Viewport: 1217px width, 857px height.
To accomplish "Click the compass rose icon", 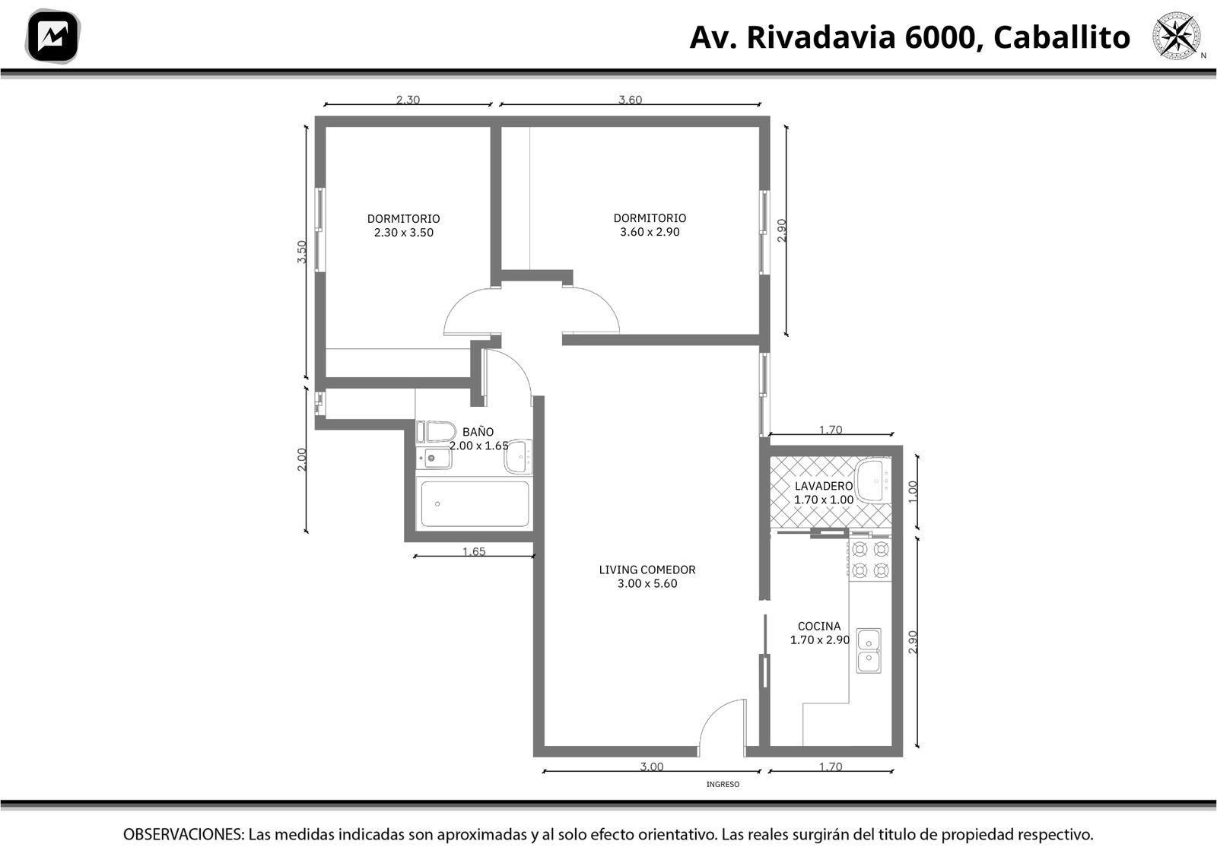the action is (x=1177, y=36).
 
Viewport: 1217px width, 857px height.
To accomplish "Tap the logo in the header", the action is (x=52, y=37).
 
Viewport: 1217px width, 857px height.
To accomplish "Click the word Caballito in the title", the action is (x=1062, y=38).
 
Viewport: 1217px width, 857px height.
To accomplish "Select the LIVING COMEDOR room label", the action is (x=647, y=570).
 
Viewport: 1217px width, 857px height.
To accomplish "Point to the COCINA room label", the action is (x=818, y=626).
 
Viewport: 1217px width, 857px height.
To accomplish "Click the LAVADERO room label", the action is (x=824, y=486).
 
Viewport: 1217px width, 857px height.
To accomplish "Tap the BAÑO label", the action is (x=478, y=432).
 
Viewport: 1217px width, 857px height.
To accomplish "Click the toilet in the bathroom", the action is (x=437, y=432).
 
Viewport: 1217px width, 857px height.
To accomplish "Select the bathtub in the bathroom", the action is (x=475, y=504).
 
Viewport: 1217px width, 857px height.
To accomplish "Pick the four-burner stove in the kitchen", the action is (x=870, y=560).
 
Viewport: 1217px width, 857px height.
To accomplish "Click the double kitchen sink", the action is (x=869, y=651).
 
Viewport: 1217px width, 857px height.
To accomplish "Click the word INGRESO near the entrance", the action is (x=723, y=784).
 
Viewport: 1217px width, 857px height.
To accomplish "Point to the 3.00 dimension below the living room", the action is (x=651, y=767).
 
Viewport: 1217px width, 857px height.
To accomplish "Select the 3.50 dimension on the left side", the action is (x=302, y=252).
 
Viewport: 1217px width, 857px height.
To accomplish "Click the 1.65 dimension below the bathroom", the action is (x=474, y=551).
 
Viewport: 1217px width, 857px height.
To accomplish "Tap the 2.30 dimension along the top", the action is (x=408, y=100).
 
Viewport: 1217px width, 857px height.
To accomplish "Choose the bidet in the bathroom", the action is (x=434, y=459).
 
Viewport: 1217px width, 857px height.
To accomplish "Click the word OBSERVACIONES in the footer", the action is (x=183, y=834).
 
